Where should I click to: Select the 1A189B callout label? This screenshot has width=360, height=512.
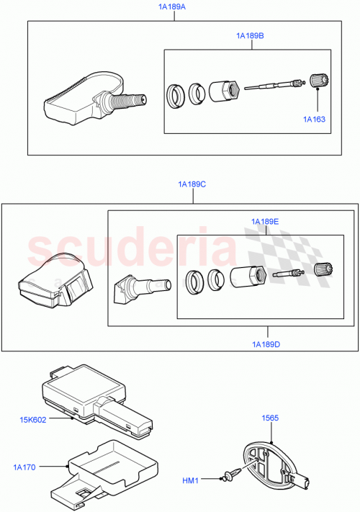click(x=250, y=35)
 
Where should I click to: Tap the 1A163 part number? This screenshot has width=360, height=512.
click(x=314, y=119)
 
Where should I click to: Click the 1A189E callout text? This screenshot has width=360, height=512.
click(x=265, y=221)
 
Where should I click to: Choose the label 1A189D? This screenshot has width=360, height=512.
click(x=266, y=344)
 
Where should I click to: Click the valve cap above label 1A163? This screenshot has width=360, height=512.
click(x=317, y=81)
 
